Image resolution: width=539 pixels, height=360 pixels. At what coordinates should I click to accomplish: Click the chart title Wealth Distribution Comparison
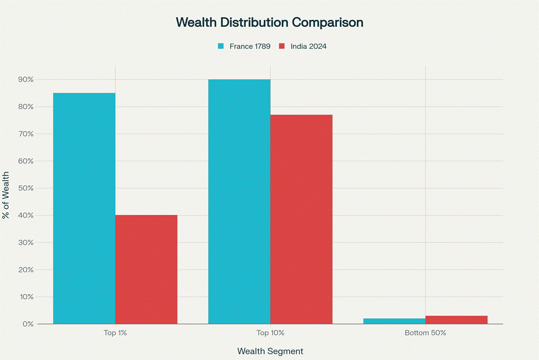click(269, 23)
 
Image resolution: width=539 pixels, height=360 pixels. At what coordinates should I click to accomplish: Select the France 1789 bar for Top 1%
click(84, 208)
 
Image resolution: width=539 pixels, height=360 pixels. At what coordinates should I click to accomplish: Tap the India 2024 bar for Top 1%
click(146, 270)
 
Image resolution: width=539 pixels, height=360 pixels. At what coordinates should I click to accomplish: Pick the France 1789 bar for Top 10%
click(239, 202)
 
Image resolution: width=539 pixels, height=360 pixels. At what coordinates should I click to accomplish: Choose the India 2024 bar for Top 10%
click(301, 219)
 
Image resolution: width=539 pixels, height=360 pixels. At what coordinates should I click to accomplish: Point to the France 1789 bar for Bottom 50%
click(394, 321)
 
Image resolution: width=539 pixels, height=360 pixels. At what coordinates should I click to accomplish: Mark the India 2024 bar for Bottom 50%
click(457, 320)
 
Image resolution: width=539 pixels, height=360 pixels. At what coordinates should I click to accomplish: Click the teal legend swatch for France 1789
click(221, 47)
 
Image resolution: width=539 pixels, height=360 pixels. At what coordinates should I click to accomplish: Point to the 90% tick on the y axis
click(26, 79)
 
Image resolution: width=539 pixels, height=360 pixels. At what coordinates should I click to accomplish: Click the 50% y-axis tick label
click(26, 188)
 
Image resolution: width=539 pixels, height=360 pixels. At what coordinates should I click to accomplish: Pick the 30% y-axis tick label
click(26, 242)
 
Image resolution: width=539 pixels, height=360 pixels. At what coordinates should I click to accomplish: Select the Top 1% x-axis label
click(115, 333)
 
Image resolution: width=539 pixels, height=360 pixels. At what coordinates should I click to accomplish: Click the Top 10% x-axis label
click(270, 333)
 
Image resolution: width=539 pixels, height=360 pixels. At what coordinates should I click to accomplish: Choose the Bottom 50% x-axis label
click(426, 333)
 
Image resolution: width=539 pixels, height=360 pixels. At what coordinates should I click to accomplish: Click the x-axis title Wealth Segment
click(270, 351)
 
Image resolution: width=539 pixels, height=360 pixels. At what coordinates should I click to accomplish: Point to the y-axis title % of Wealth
click(6, 195)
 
